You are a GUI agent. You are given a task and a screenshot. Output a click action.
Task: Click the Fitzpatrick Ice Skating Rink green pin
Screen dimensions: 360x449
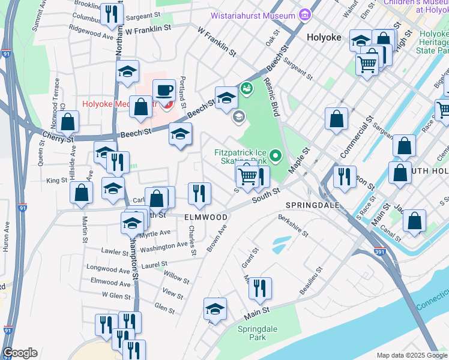click(x=276, y=157)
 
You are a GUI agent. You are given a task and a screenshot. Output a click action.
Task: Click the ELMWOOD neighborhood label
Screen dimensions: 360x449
click(x=206, y=217)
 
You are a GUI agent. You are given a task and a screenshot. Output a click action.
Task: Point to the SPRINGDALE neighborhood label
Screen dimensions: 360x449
click(x=312, y=205)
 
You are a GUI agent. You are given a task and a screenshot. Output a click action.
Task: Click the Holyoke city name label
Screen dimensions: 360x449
click(x=324, y=37)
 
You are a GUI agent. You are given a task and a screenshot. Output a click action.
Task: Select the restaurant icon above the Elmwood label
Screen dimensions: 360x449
click(x=199, y=193)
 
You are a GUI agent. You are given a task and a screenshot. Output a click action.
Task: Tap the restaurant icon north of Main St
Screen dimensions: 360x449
click(x=260, y=288)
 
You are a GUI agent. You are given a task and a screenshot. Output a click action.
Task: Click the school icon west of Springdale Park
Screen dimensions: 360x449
click(x=215, y=309)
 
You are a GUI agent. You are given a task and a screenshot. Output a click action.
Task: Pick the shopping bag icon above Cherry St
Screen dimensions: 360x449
click(x=68, y=122)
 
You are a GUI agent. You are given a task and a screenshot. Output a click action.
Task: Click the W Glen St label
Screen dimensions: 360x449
click(x=116, y=295)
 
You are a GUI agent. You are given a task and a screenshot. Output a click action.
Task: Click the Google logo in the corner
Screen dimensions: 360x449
click(x=20, y=353)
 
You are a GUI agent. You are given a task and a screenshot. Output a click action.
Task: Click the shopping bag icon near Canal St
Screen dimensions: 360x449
click(x=414, y=221)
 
